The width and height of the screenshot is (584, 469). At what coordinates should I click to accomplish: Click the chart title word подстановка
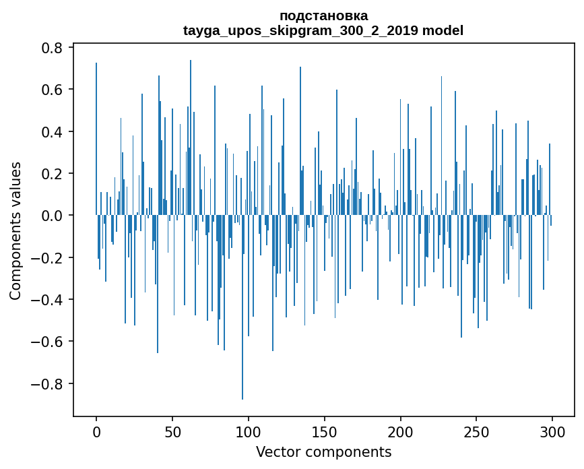click(x=323, y=15)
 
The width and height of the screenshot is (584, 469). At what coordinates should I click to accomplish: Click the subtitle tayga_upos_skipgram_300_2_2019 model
click(x=323, y=30)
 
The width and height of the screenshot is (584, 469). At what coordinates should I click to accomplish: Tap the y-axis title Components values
click(x=15, y=230)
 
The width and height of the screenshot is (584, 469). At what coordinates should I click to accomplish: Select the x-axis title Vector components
click(x=323, y=451)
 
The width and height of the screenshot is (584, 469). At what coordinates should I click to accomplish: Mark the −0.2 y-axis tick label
click(x=48, y=258)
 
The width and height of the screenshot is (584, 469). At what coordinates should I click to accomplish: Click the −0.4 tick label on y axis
click(x=48, y=300)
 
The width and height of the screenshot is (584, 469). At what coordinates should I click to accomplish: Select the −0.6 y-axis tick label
click(x=48, y=342)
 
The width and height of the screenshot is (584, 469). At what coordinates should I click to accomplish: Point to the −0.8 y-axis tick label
click(x=48, y=384)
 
